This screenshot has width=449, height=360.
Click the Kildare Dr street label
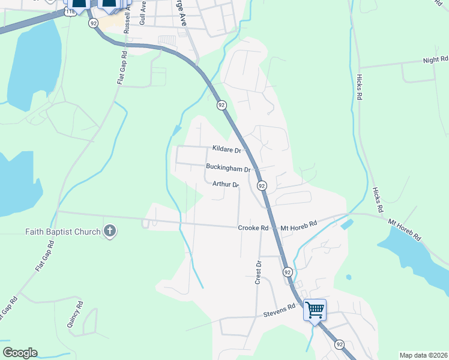coord(226,149)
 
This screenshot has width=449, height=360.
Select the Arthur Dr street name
coord(226,184)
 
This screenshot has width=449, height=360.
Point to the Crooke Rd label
coord(253,228)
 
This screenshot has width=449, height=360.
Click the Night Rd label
coord(435,60)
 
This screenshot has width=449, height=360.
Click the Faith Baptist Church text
coord(63,231)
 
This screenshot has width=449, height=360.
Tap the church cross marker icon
coord(110,230)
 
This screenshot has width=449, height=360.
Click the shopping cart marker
coord(315,310)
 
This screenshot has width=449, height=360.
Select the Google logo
coord(20,353)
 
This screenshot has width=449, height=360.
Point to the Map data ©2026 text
coord(423,355)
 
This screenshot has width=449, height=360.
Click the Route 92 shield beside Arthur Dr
coord(262,186)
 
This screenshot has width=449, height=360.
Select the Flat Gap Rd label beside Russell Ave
coord(122,67)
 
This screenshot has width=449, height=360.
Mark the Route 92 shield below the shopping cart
coord(340,344)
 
